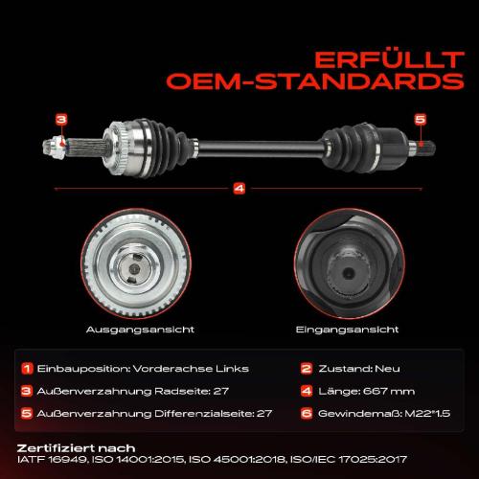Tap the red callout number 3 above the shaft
tap(61, 119)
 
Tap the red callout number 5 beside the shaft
tap(418, 119)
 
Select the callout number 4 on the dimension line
tap(239, 188)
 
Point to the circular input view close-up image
tap(343, 268)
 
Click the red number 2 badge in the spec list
tap(306, 368)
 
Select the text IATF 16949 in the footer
tap(49, 460)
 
